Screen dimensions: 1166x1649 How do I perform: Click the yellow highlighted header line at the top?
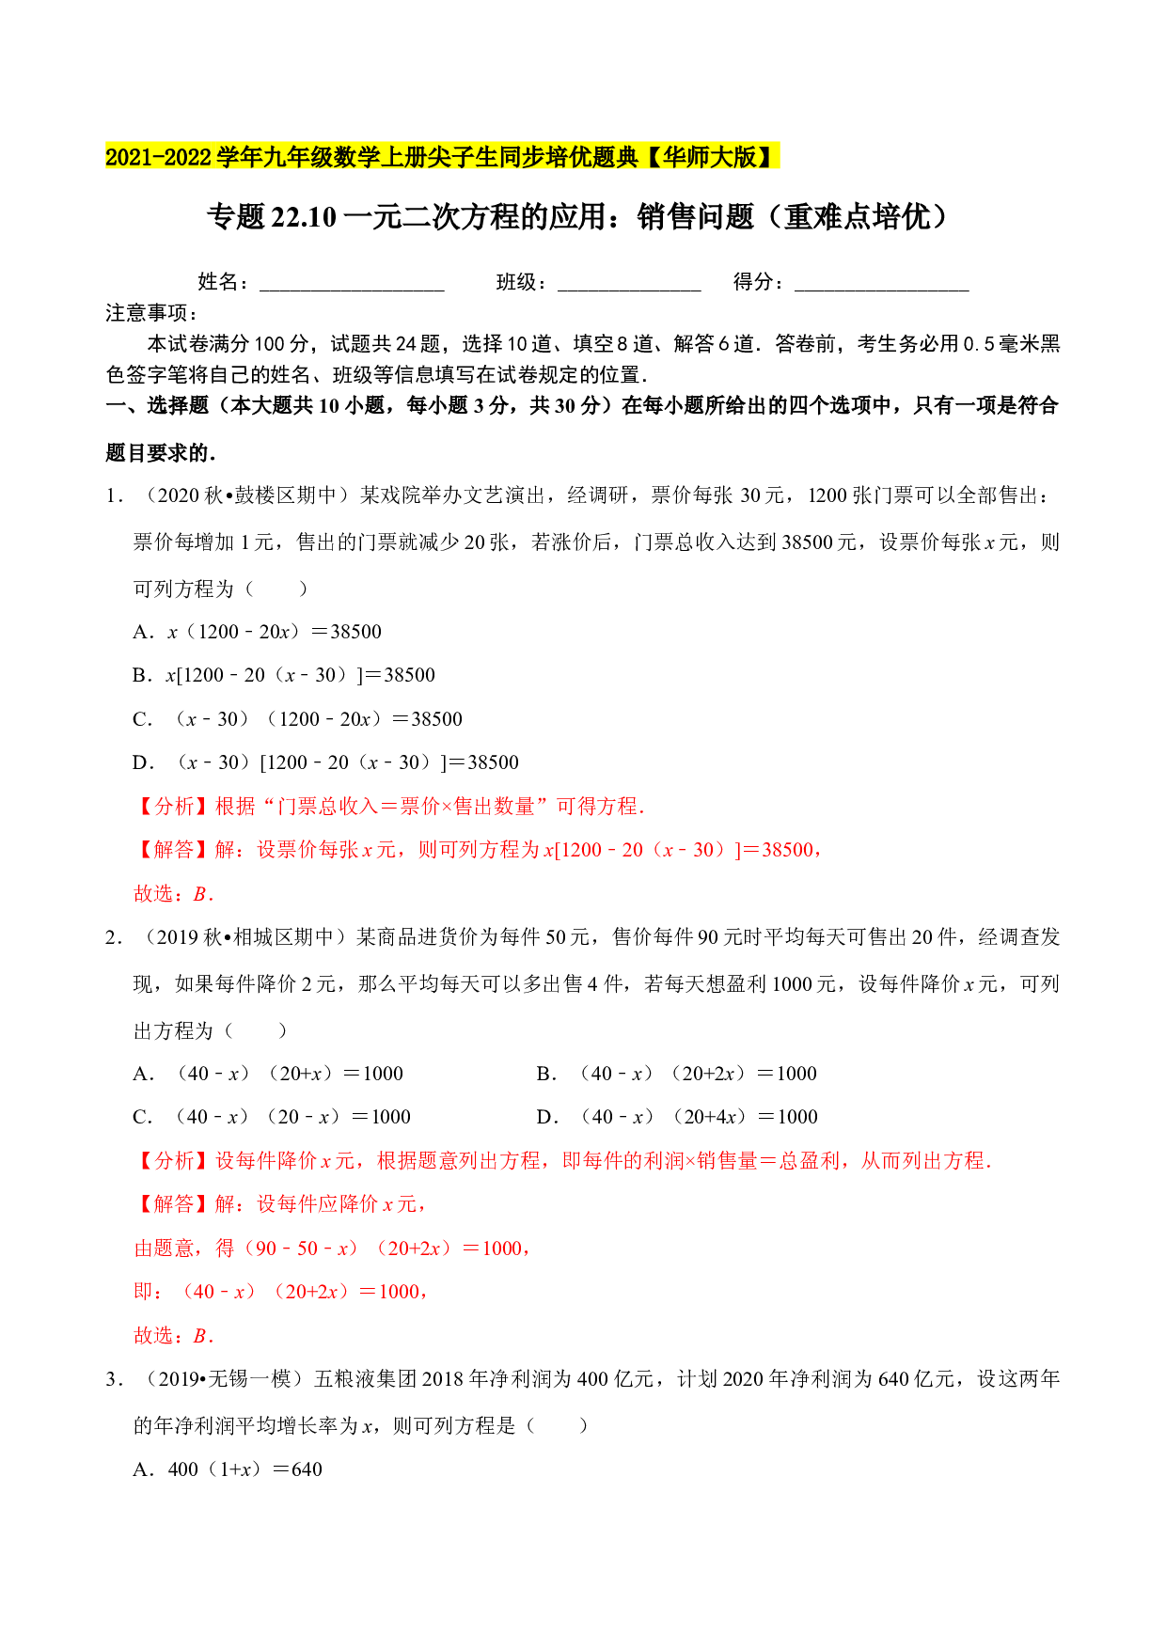[442, 156]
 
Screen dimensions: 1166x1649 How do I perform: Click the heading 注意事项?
[150, 313]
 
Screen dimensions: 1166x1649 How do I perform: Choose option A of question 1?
[258, 632]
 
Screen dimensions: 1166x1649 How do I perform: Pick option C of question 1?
[298, 719]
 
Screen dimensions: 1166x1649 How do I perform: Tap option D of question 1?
[325, 762]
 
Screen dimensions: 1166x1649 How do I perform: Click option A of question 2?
[268, 1074]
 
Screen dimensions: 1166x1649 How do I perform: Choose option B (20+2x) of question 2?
[677, 1074]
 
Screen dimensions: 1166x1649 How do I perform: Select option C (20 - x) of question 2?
[272, 1117]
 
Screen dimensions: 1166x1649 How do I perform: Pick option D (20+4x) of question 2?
[677, 1117]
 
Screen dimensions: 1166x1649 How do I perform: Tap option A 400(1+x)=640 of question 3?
[228, 1469]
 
